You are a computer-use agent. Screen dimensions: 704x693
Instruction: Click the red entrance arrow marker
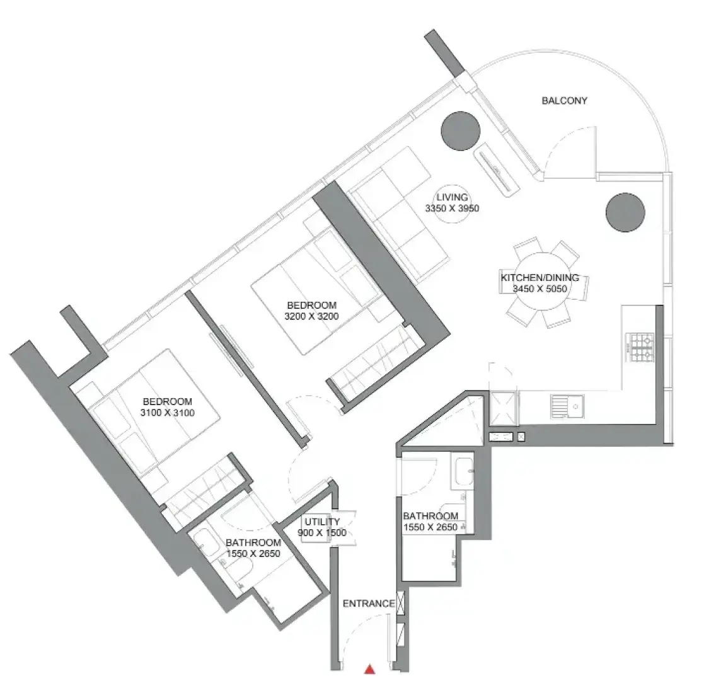click(369, 669)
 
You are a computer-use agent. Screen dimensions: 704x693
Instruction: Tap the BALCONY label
click(564, 101)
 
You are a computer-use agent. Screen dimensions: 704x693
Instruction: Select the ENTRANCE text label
click(369, 604)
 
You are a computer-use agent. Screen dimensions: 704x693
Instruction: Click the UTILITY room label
click(322, 522)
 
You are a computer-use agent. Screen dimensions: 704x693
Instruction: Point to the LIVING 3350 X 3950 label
click(452, 202)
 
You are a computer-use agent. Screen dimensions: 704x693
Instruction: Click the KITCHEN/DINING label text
click(540, 277)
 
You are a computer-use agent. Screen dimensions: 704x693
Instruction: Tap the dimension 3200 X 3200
click(311, 316)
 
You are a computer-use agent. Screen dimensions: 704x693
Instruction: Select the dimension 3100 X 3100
click(168, 413)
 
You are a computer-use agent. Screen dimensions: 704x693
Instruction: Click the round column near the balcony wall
click(461, 130)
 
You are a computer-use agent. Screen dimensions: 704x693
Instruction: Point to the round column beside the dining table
click(625, 212)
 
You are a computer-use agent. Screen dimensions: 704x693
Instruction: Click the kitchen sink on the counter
click(567, 406)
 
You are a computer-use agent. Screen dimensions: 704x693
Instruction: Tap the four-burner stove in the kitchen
click(642, 347)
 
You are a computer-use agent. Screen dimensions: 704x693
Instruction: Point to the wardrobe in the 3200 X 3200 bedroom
click(376, 362)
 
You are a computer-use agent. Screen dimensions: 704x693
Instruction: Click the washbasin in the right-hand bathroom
click(462, 472)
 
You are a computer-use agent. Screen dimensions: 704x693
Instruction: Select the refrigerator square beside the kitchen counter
click(504, 408)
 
